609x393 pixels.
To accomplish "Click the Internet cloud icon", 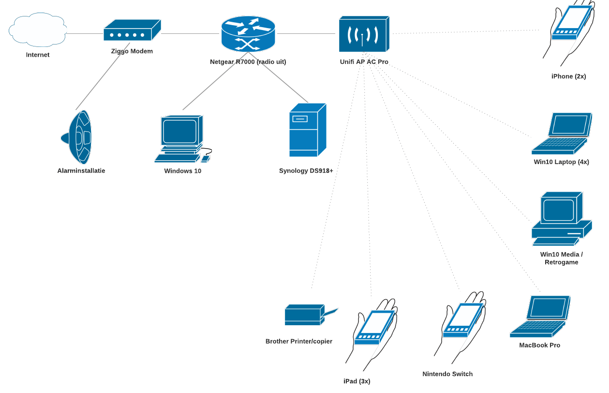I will coord(38,30).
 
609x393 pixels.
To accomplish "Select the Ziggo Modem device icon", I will coord(132,31).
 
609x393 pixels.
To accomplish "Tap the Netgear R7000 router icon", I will coord(248,34).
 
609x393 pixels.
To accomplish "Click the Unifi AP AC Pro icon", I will coord(363,34).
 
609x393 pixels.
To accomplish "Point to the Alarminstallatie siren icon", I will coord(77,137).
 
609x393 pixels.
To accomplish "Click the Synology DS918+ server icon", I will coord(307,130).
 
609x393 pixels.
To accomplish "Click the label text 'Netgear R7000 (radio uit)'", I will coord(248,62).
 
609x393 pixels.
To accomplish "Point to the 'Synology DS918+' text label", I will coord(306,171).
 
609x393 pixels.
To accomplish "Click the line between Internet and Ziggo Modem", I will coord(85,34).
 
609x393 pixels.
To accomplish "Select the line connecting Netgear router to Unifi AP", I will coord(306,34).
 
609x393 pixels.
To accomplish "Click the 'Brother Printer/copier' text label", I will coord(298,341).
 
